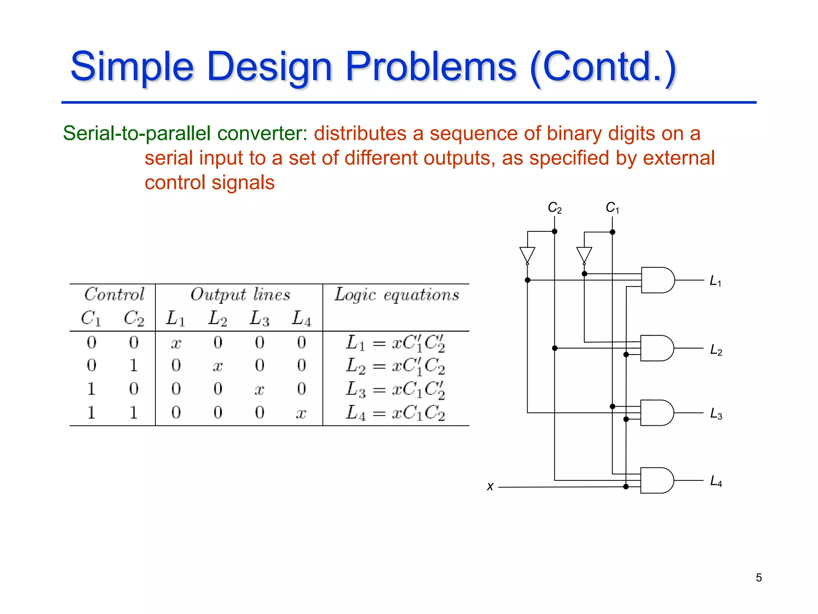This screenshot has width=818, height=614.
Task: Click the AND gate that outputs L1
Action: (657, 280)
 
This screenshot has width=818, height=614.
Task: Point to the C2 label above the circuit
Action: (554, 208)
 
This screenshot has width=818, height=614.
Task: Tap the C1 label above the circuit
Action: (612, 208)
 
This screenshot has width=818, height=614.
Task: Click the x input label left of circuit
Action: (490, 486)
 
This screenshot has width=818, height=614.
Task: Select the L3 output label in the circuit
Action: (716, 414)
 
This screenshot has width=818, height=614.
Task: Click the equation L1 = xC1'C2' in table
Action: (395, 343)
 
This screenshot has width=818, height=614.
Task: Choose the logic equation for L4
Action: (395, 413)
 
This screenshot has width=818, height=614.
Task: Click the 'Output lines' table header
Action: (240, 295)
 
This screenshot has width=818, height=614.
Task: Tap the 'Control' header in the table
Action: (114, 294)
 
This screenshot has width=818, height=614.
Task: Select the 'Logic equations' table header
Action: (397, 295)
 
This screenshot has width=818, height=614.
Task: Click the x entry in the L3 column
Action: (259, 389)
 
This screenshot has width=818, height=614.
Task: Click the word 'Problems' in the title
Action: (431, 66)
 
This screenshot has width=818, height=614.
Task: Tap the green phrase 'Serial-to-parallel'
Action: (137, 133)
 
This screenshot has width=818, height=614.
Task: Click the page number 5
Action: (758, 577)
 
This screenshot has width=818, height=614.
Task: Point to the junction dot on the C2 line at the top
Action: (554, 231)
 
